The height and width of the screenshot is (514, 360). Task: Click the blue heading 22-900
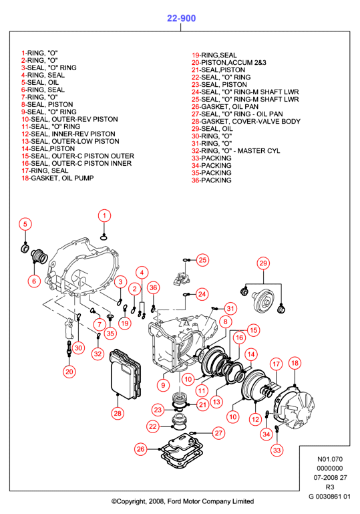click(x=181, y=18)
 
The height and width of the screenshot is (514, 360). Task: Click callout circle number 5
click(x=25, y=224)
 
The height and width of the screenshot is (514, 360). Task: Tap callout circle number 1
click(x=104, y=216)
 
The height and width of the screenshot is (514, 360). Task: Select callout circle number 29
click(x=263, y=263)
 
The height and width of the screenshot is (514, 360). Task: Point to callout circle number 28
click(x=118, y=413)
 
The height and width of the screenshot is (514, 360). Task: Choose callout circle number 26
click(x=140, y=449)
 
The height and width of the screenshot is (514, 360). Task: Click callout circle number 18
click(x=295, y=363)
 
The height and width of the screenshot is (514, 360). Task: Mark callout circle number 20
click(x=69, y=372)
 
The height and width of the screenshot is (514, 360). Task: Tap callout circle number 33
click(x=277, y=450)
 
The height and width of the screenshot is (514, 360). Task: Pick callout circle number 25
click(x=203, y=260)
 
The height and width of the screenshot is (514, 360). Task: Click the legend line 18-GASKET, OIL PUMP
click(x=57, y=178)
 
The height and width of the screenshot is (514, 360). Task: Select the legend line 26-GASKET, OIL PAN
click(x=225, y=106)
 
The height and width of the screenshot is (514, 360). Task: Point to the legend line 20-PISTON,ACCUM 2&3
click(x=229, y=63)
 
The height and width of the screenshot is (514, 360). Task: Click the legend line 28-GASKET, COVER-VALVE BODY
click(x=246, y=121)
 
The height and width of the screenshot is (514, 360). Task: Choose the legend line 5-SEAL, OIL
click(x=40, y=82)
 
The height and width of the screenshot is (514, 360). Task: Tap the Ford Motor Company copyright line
click(x=182, y=501)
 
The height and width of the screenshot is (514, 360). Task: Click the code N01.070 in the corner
click(x=330, y=459)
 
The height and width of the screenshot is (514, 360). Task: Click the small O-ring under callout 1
click(x=104, y=237)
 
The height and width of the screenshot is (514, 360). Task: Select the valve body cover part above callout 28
click(x=125, y=374)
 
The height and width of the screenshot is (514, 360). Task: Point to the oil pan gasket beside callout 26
click(x=181, y=450)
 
